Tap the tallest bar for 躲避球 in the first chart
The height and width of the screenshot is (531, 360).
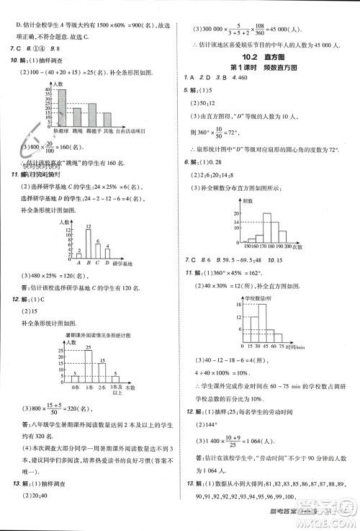[x=61, y=108]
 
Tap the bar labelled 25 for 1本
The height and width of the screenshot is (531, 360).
[x=88, y=367]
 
